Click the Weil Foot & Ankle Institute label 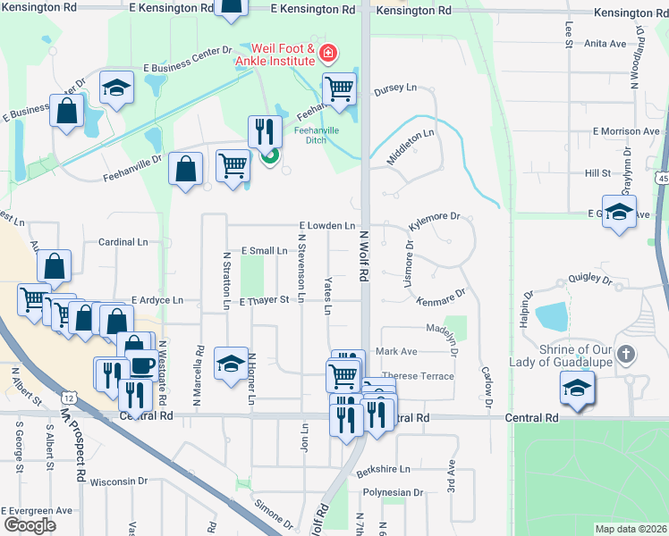(283, 54)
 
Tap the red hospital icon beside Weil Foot (328, 55)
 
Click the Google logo (30, 524)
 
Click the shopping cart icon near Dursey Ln (339, 89)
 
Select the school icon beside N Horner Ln (231, 363)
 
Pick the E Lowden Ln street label (327, 227)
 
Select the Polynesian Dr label (393, 492)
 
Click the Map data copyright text (631, 529)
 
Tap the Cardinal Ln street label (123, 242)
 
